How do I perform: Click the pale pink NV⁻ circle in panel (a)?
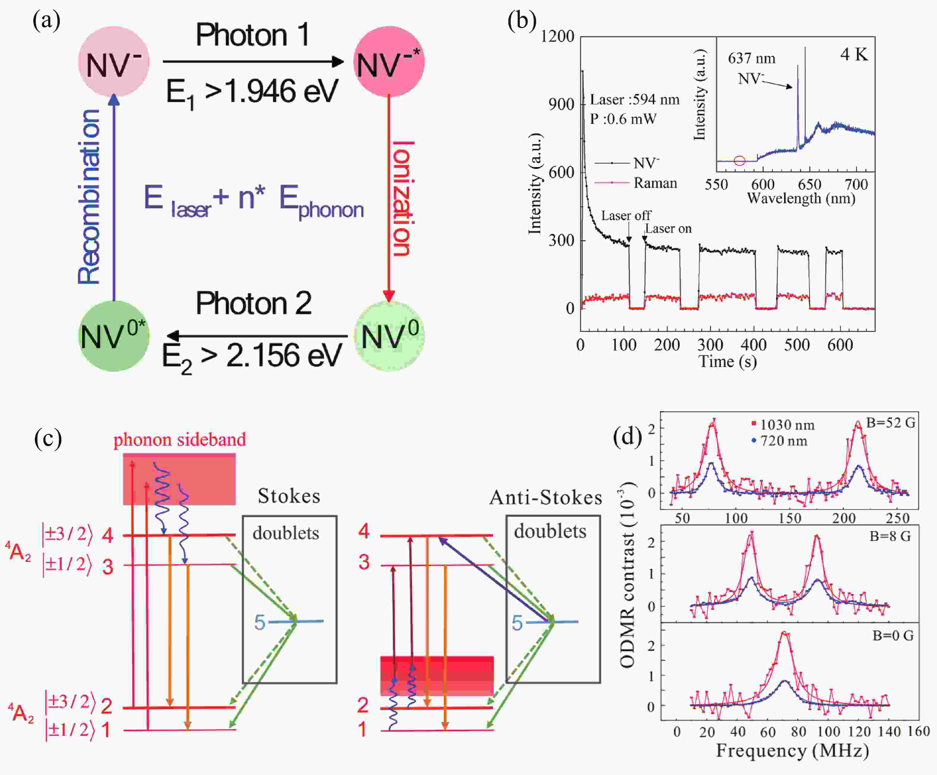pyautogui.click(x=113, y=62)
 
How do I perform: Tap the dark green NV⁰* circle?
pyautogui.click(x=113, y=336)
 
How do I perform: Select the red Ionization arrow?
pyautogui.click(x=388, y=196)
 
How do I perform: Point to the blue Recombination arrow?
pyautogui.click(x=114, y=196)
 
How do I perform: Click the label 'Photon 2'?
pyautogui.click(x=253, y=304)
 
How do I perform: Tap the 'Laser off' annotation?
pyautogui.click(x=626, y=215)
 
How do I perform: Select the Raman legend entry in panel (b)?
pyautogui.click(x=655, y=183)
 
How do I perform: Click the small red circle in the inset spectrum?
pyautogui.click(x=739, y=161)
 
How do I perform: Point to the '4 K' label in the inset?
pyautogui.click(x=854, y=54)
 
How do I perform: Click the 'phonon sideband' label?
pyautogui.click(x=179, y=440)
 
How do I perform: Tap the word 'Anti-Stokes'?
pyautogui.click(x=545, y=497)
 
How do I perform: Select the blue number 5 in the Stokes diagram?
pyautogui.click(x=260, y=622)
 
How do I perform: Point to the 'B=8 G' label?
pyautogui.click(x=890, y=536)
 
